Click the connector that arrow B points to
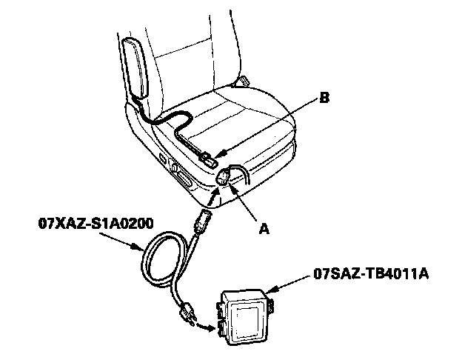[210, 158]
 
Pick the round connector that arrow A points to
[223, 177]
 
